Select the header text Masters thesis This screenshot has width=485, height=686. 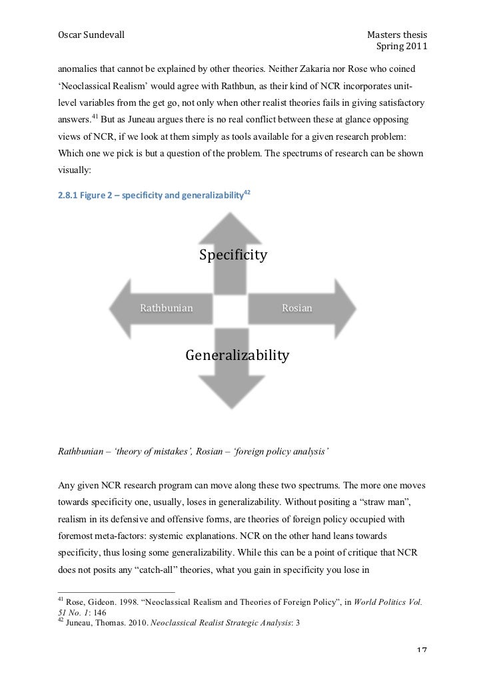(397, 35)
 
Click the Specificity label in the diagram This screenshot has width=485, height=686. (233, 255)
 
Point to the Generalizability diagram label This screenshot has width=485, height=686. (237, 355)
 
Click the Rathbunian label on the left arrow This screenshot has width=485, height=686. (166, 308)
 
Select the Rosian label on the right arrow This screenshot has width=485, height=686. (297, 308)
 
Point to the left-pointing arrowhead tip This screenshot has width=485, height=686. (111, 308)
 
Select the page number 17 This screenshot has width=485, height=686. (419, 667)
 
